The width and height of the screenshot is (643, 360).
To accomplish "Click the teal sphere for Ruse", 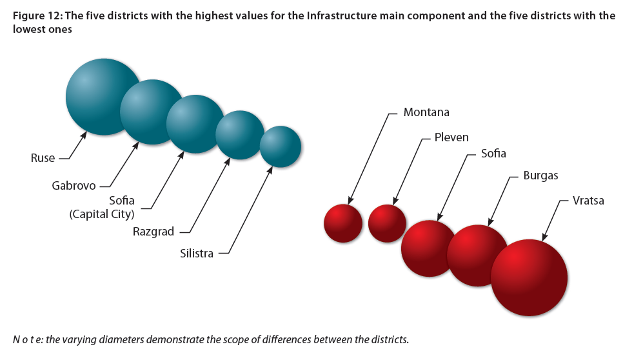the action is [99, 97].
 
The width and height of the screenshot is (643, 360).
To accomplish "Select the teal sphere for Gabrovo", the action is [150, 112].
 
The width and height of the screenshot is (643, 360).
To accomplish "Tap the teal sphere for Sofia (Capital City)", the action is [194, 125].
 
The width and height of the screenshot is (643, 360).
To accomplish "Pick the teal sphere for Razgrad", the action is [239, 135].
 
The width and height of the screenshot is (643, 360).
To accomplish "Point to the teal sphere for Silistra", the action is [281, 146].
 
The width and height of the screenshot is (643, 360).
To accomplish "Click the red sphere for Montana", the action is [343, 223].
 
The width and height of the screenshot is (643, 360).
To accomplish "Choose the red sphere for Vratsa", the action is [529, 277].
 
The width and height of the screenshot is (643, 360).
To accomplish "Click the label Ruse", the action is [43, 158].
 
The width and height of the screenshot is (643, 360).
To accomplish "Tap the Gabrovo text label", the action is [74, 186].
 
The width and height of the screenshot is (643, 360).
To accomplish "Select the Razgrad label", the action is [153, 232].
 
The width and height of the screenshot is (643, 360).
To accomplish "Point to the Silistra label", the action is [197, 254].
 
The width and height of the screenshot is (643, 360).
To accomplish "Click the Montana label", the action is [426, 112].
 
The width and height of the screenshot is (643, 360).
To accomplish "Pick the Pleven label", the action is [451, 137].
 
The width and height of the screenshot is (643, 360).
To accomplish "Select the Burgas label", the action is [541, 175].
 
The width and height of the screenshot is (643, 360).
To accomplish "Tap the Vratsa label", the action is [588, 201].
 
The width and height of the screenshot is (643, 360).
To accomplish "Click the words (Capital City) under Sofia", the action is [102, 214].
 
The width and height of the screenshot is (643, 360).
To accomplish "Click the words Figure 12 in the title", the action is [37, 16].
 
